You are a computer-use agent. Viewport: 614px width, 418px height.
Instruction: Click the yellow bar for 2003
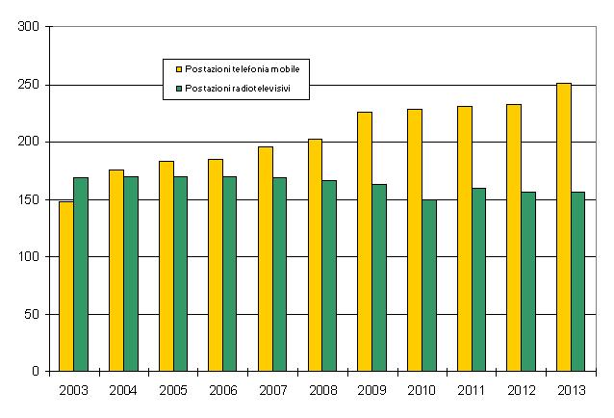tap(66, 286)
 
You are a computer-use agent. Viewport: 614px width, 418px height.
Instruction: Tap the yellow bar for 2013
tap(564, 227)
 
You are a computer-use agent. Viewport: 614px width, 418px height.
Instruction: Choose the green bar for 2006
tap(230, 274)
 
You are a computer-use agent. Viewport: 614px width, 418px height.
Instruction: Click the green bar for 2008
tap(329, 275)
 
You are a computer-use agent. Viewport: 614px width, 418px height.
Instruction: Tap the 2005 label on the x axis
tap(173, 390)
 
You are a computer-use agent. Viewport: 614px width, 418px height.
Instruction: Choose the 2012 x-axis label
tap(521, 390)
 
